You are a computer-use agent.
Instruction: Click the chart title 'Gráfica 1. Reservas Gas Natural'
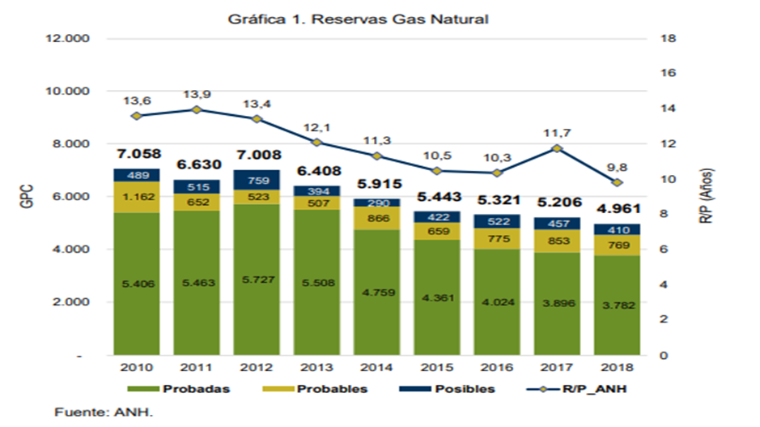point(358,19)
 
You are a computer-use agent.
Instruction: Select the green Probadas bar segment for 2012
point(257,280)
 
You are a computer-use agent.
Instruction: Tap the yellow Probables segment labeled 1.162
point(137,197)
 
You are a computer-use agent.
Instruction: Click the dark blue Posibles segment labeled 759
point(257,180)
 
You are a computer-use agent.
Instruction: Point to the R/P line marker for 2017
point(557,148)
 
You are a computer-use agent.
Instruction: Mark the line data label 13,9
point(197,94)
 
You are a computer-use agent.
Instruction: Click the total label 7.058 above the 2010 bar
point(138,154)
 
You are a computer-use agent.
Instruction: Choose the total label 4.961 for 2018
point(618,209)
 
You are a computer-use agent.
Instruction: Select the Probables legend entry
point(315,389)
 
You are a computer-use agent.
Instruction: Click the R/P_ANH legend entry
point(576,389)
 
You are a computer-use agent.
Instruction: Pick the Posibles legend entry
point(447,389)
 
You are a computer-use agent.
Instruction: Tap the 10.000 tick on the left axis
point(67,92)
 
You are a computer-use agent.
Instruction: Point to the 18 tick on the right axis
point(668,38)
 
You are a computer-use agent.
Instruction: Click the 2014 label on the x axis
point(376,367)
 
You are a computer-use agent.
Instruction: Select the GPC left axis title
point(28,197)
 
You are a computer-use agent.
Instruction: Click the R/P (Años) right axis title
point(707,196)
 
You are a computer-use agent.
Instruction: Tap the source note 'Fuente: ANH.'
point(104,412)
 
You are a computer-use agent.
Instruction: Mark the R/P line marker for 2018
point(617,182)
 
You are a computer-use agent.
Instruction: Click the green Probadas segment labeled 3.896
point(557,304)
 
